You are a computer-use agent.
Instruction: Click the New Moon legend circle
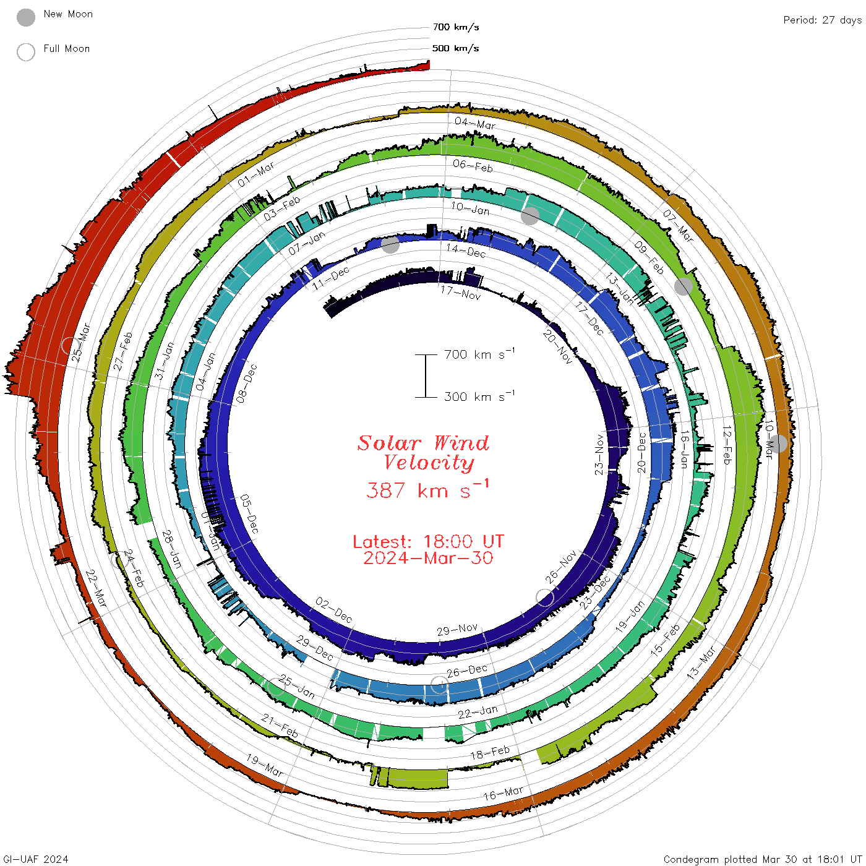tap(26, 17)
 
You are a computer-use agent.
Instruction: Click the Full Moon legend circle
tap(26, 52)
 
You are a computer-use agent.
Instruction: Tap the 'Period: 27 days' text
tap(822, 20)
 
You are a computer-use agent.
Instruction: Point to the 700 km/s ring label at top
tap(455, 27)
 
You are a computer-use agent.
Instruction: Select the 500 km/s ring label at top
tap(455, 48)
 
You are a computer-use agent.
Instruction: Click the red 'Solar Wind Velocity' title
tap(424, 452)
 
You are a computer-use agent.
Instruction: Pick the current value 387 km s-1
tap(427, 490)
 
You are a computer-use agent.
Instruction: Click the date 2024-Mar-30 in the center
tap(428, 559)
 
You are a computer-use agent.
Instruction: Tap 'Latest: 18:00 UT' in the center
tap(428, 542)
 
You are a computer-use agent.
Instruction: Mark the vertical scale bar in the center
tap(426, 375)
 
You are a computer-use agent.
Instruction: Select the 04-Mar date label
tap(475, 123)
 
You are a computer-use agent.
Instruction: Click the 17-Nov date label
tap(461, 293)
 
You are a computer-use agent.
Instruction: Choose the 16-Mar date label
tap(503, 793)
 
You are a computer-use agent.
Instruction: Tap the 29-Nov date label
tap(457, 630)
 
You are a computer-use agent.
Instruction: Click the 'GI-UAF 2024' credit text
tap(36, 859)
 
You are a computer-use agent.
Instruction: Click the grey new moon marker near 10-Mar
tap(778, 444)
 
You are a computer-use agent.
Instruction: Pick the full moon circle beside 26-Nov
tap(545, 598)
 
